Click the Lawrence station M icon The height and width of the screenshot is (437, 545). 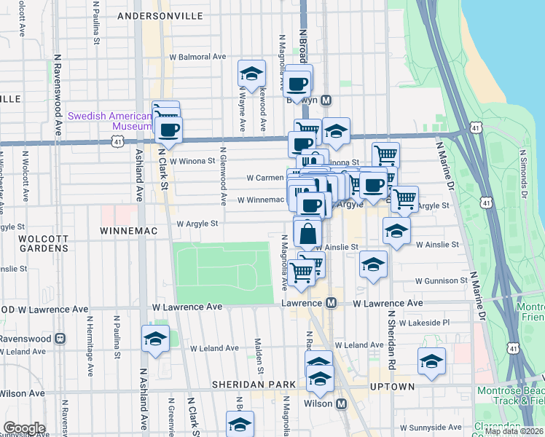point(331,302)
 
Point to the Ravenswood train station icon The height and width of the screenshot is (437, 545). point(60,339)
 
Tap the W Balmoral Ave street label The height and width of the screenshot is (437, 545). point(198,56)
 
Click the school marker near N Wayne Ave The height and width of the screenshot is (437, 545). point(251,74)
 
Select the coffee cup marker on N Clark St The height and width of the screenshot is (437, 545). point(168,130)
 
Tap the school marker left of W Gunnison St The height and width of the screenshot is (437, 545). point(373,264)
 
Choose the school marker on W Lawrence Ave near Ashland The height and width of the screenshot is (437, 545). point(154,339)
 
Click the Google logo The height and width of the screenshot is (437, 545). point(24,428)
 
